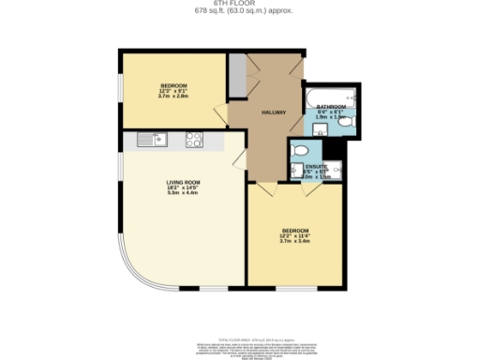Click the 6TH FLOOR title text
tap(239, 4)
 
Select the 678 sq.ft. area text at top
tap(239, 11)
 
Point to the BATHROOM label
tap(331, 107)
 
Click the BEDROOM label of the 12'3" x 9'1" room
tap(173, 85)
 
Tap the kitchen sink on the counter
tap(151, 140)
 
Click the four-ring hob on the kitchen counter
tap(195, 140)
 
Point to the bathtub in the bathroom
tap(328, 95)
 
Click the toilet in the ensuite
tap(301, 151)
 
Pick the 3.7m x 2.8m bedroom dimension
tap(173, 97)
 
